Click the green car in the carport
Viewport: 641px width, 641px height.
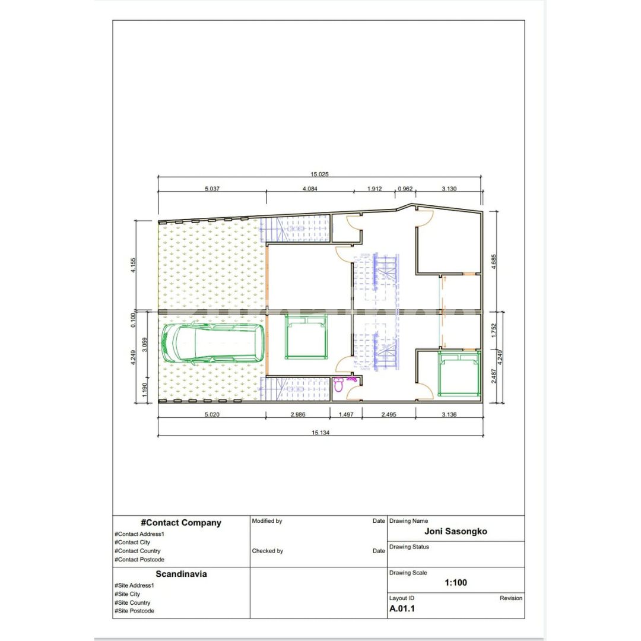pyautogui.click(x=212, y=344)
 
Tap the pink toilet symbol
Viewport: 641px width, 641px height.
pyautogui.click(x=338, y=384)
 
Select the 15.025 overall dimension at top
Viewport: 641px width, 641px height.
pyautogui.click(x=319, y=174)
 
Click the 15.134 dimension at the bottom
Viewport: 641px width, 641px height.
pyautogui.click(x=320, y=433)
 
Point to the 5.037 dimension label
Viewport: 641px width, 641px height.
pyautogui.click(x=212, y=189)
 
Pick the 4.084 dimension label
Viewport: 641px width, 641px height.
pyautogui.click(x=309, y=189)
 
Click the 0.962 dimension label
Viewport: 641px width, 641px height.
pyautogui.click(x=405, y=189)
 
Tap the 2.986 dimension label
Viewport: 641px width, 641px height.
pyautogui.click(x=297, y=414)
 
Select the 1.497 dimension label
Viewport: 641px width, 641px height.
pyautogui.click(x=346, y=414)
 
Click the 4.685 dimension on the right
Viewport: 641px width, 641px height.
pyautogui.click(x=493, y=262)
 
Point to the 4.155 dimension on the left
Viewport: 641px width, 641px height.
pyautogui.click(x=133, y=265)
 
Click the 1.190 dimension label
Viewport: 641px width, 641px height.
pyautogui.click(x=144, y=389)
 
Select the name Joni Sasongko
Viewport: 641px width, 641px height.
pyautogui.click(x=455, y=531)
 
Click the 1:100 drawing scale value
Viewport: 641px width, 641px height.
pyautogui.click(x=455, y=583)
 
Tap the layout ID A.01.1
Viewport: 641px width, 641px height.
pyautogui.click(x=402, y=609)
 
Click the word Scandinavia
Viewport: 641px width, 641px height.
pyautogui.click(x=181, y=574)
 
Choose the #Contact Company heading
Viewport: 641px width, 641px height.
pyautogui.click(x=180, y=523)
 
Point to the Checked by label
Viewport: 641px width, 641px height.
pyautogui.click(x=267, y=551)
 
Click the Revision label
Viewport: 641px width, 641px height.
pyautogui.click(x=510, y=598)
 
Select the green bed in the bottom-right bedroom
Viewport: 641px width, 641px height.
pyautogui.click(x=459, y=374)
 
